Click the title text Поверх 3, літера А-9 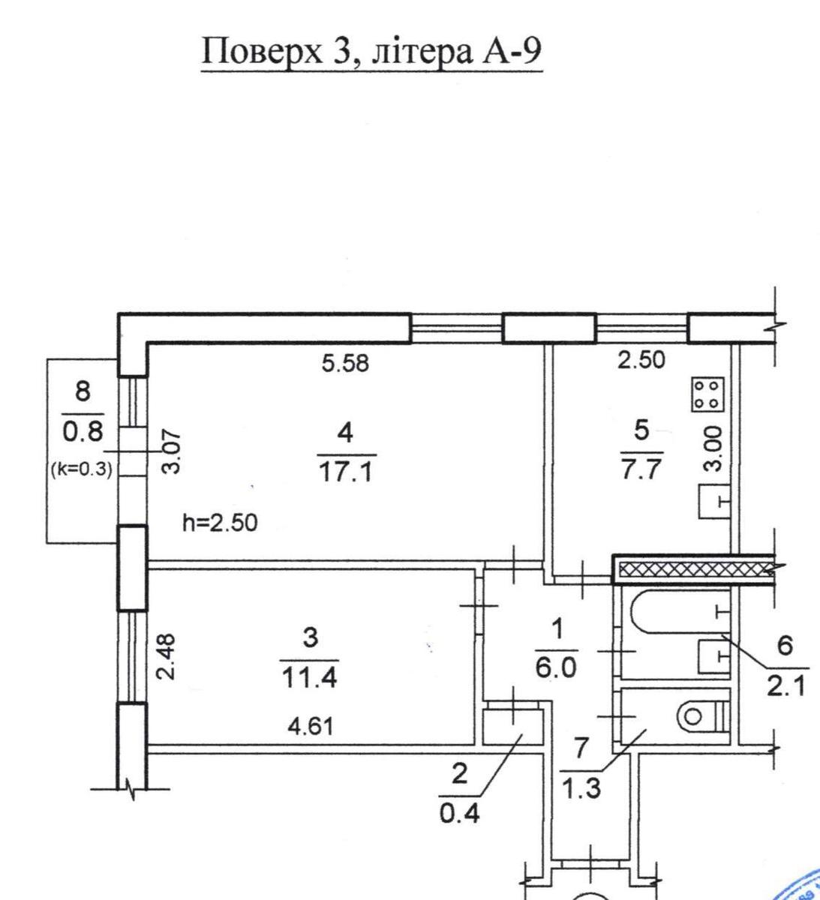click(371, 52)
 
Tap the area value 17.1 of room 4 click(346, 472)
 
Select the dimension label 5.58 click(345, 363)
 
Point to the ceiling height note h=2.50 click(220, 523)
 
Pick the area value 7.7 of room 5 click(641, 469)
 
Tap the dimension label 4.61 click(311, 726)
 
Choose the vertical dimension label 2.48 click(167, 657)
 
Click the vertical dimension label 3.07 click(171, 452)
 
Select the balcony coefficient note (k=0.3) click(81, 469)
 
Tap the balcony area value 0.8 click(83, 431)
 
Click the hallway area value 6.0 click(556, 668)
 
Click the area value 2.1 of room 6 click(786, 686)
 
